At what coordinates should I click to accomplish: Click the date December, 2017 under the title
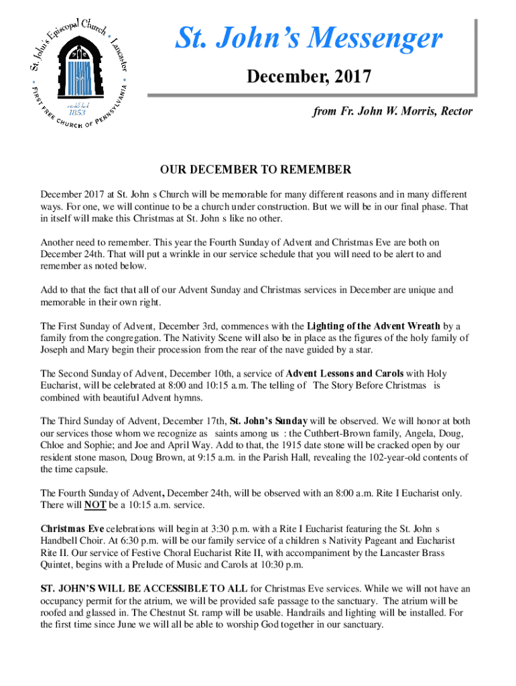309,78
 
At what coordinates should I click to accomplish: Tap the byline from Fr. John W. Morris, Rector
393,111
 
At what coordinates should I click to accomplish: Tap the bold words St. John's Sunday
269,421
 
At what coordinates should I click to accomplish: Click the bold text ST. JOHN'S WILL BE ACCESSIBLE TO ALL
144,588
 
